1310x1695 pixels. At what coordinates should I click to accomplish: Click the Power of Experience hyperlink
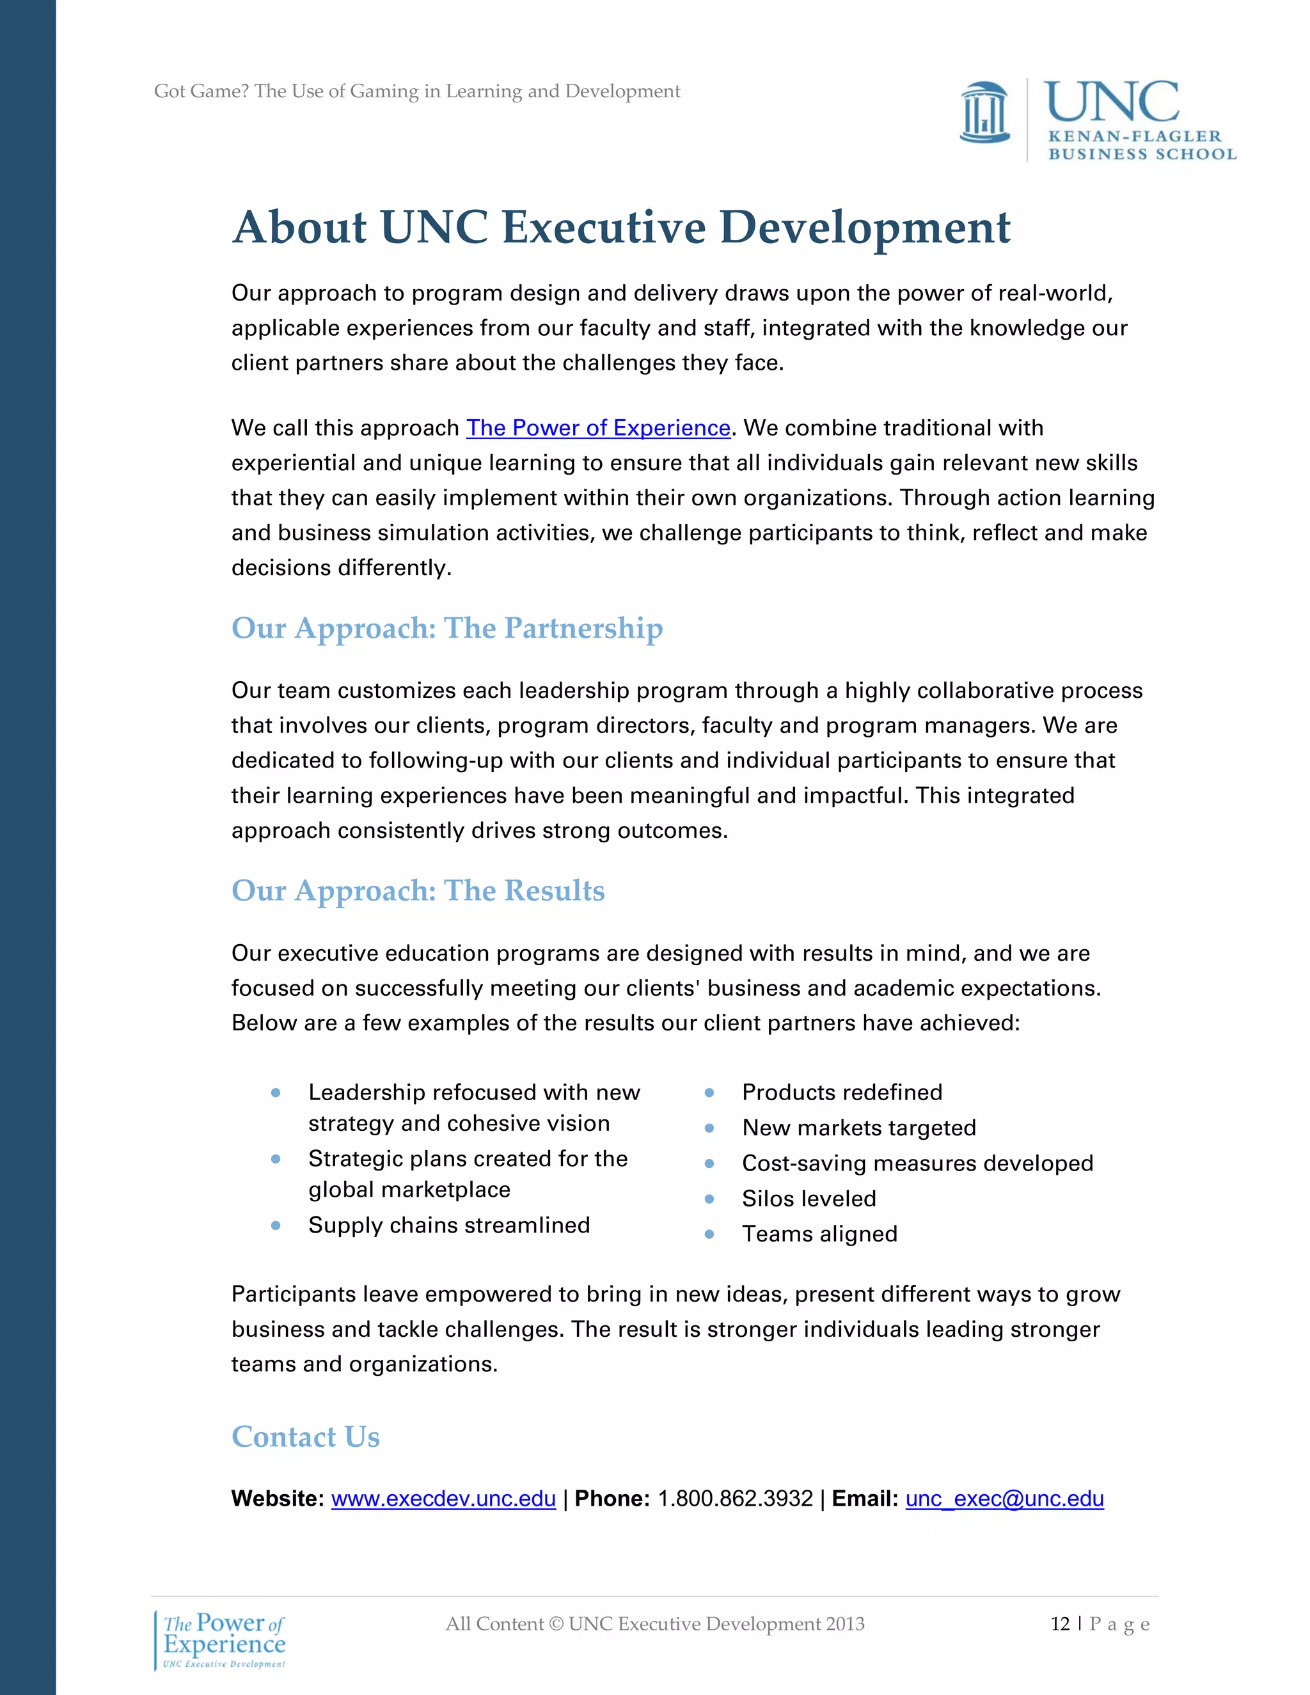tap(597, 428)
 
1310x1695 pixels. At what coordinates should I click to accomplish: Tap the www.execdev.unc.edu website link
tap(443, 1499)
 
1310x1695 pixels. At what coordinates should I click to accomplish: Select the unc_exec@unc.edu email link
tap(1004, 1499)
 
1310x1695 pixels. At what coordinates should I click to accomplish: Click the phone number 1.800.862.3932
tap(735, 1499)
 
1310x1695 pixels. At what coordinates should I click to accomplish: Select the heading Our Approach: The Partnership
tap(447, 628)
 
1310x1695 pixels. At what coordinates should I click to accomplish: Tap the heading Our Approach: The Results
tap(418, 890)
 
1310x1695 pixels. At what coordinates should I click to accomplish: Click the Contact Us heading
tap(305, 1437)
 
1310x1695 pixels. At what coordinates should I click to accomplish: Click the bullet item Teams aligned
tap(819, 1234)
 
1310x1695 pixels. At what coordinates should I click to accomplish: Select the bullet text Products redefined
tap(842, 1092)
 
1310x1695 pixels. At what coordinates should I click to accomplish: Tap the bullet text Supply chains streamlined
tap(448, 1225)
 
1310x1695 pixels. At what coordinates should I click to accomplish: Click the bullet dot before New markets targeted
tap(709, 1128)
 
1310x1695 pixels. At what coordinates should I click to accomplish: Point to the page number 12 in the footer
tap(1060, 1623)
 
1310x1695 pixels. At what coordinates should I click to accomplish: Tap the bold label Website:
tap(277, 1499)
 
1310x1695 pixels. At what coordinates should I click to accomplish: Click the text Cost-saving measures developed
tap(917, 1163)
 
